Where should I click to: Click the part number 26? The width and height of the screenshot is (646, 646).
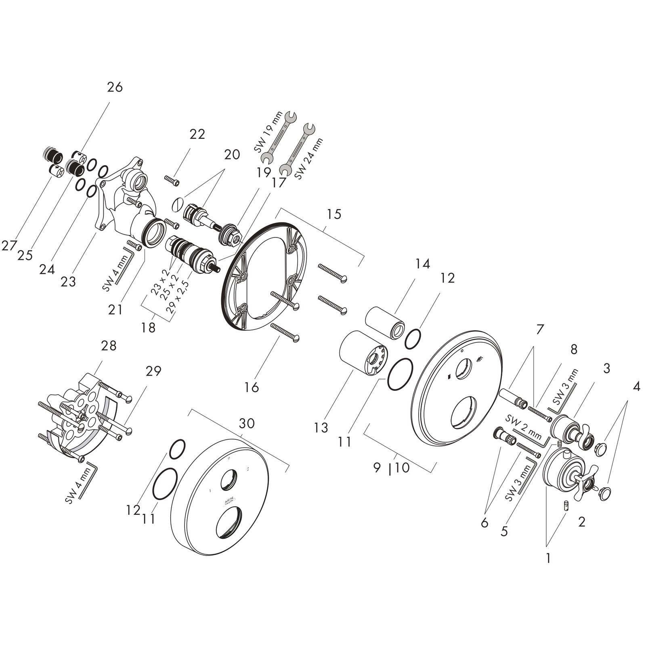click(x=115, y=87)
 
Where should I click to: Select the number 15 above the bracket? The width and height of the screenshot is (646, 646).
click(x=334, y=214)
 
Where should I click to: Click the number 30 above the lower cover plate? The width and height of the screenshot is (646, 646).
click(x=247, y=423)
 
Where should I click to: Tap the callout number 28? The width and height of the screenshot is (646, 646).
click(x=109, y=346)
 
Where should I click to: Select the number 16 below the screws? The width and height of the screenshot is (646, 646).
click(x=251, y=388)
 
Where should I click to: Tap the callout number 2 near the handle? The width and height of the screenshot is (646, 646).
click(x=581, y=522)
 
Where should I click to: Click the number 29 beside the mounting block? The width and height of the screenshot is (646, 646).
click(x=153, y=370)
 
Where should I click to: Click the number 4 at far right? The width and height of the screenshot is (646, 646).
click(x=636, y=387)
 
